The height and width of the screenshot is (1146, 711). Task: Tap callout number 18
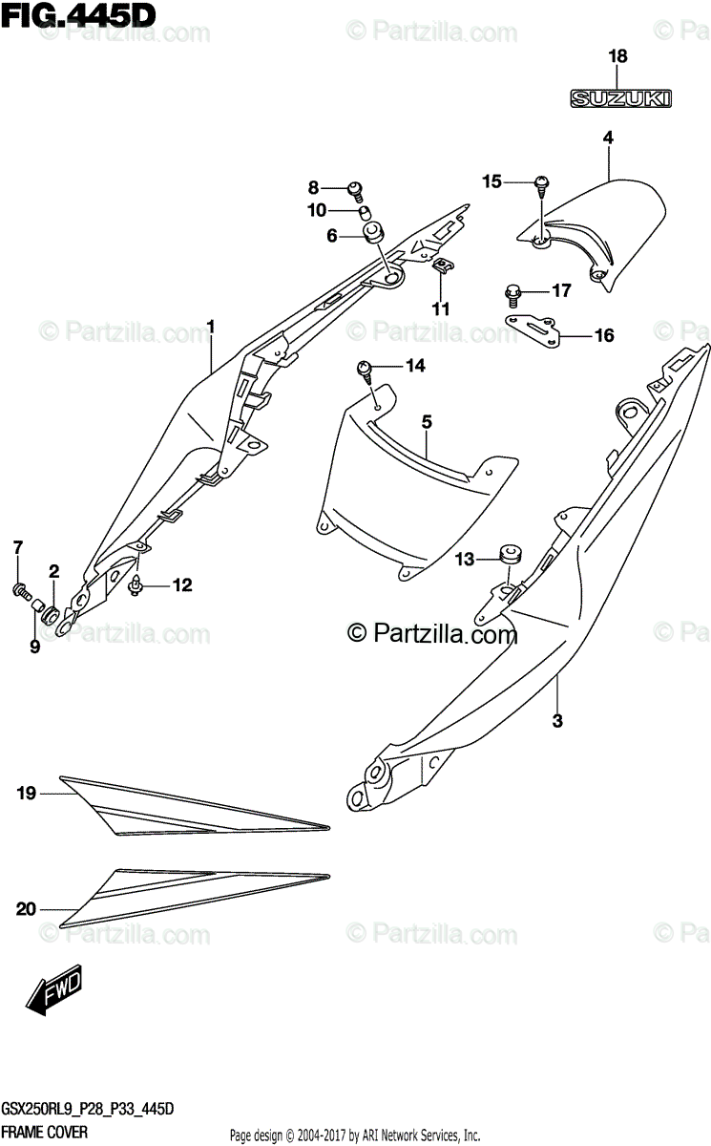point(618,57)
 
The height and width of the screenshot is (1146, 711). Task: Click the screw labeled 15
point(542,181)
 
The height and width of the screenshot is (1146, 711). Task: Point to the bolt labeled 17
point(513,289)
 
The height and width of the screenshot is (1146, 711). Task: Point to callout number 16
point(604,335)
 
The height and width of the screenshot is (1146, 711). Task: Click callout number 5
point(427,421)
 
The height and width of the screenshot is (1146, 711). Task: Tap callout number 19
point(26,792)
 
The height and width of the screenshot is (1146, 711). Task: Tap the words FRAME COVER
point(45,1131)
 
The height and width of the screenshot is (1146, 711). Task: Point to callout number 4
point(607,138)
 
